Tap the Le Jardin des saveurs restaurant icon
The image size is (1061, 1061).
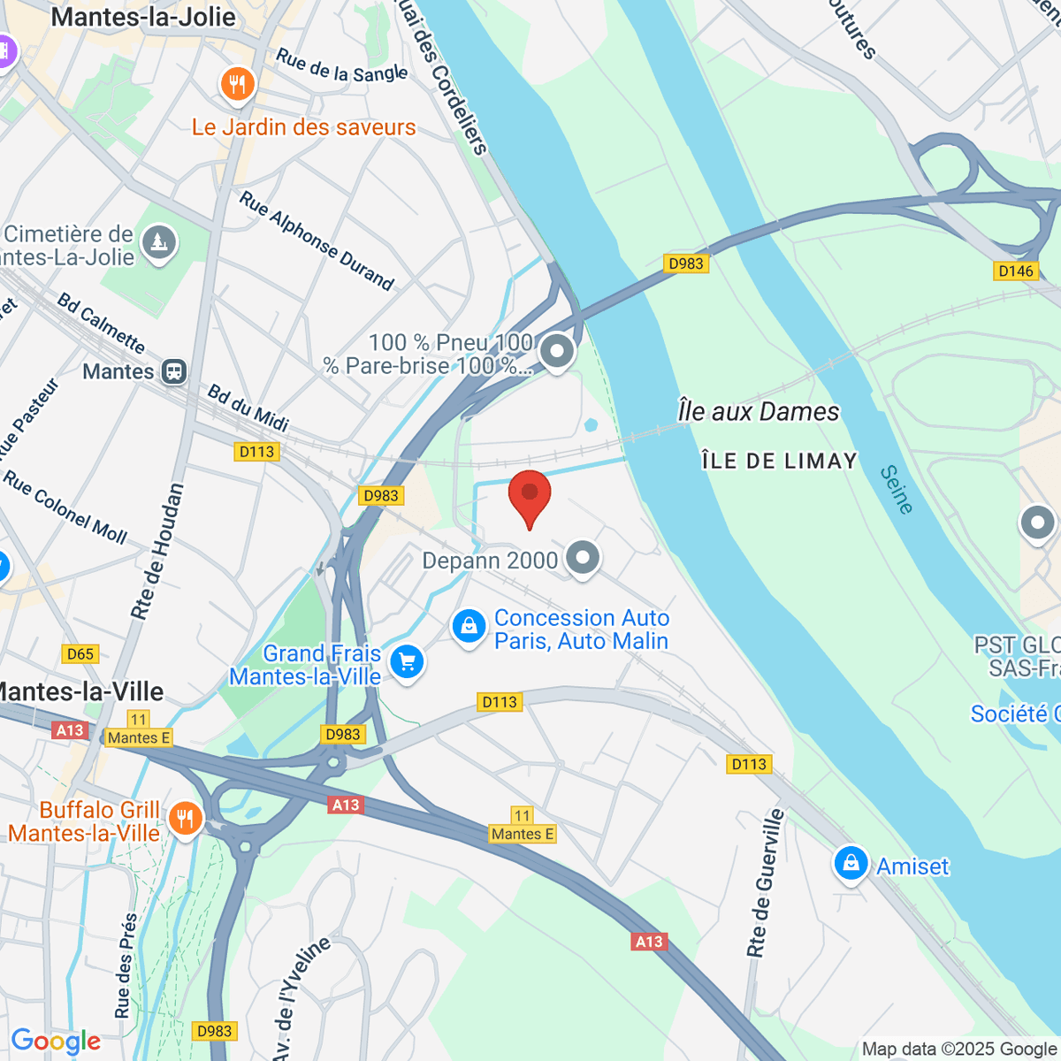click(236, 86)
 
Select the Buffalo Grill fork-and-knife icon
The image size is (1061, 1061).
click(185, 819)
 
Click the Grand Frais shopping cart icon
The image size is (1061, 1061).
click(407, 661)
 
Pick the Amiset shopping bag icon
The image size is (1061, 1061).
click(851, 864)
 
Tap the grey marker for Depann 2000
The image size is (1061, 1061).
click(582, 558)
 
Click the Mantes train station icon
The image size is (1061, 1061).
click(174, 371)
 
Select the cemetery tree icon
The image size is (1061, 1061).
click(159, 241)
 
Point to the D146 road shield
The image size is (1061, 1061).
click(1015, 271)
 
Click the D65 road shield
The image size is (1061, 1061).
click(80, 654)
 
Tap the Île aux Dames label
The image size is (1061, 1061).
click(758, 412)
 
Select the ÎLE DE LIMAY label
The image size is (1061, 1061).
click(779, 461)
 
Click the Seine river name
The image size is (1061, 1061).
click(897, 490)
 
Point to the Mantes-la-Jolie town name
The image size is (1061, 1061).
click(143, 17)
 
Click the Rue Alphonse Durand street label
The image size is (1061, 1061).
click(317, 240)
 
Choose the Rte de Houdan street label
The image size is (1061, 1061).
click(157, 551)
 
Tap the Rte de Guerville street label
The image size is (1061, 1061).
click(766, 882)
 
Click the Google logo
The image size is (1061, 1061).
click(56, 1041)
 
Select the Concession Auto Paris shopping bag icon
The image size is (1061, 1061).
click(469, 627)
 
